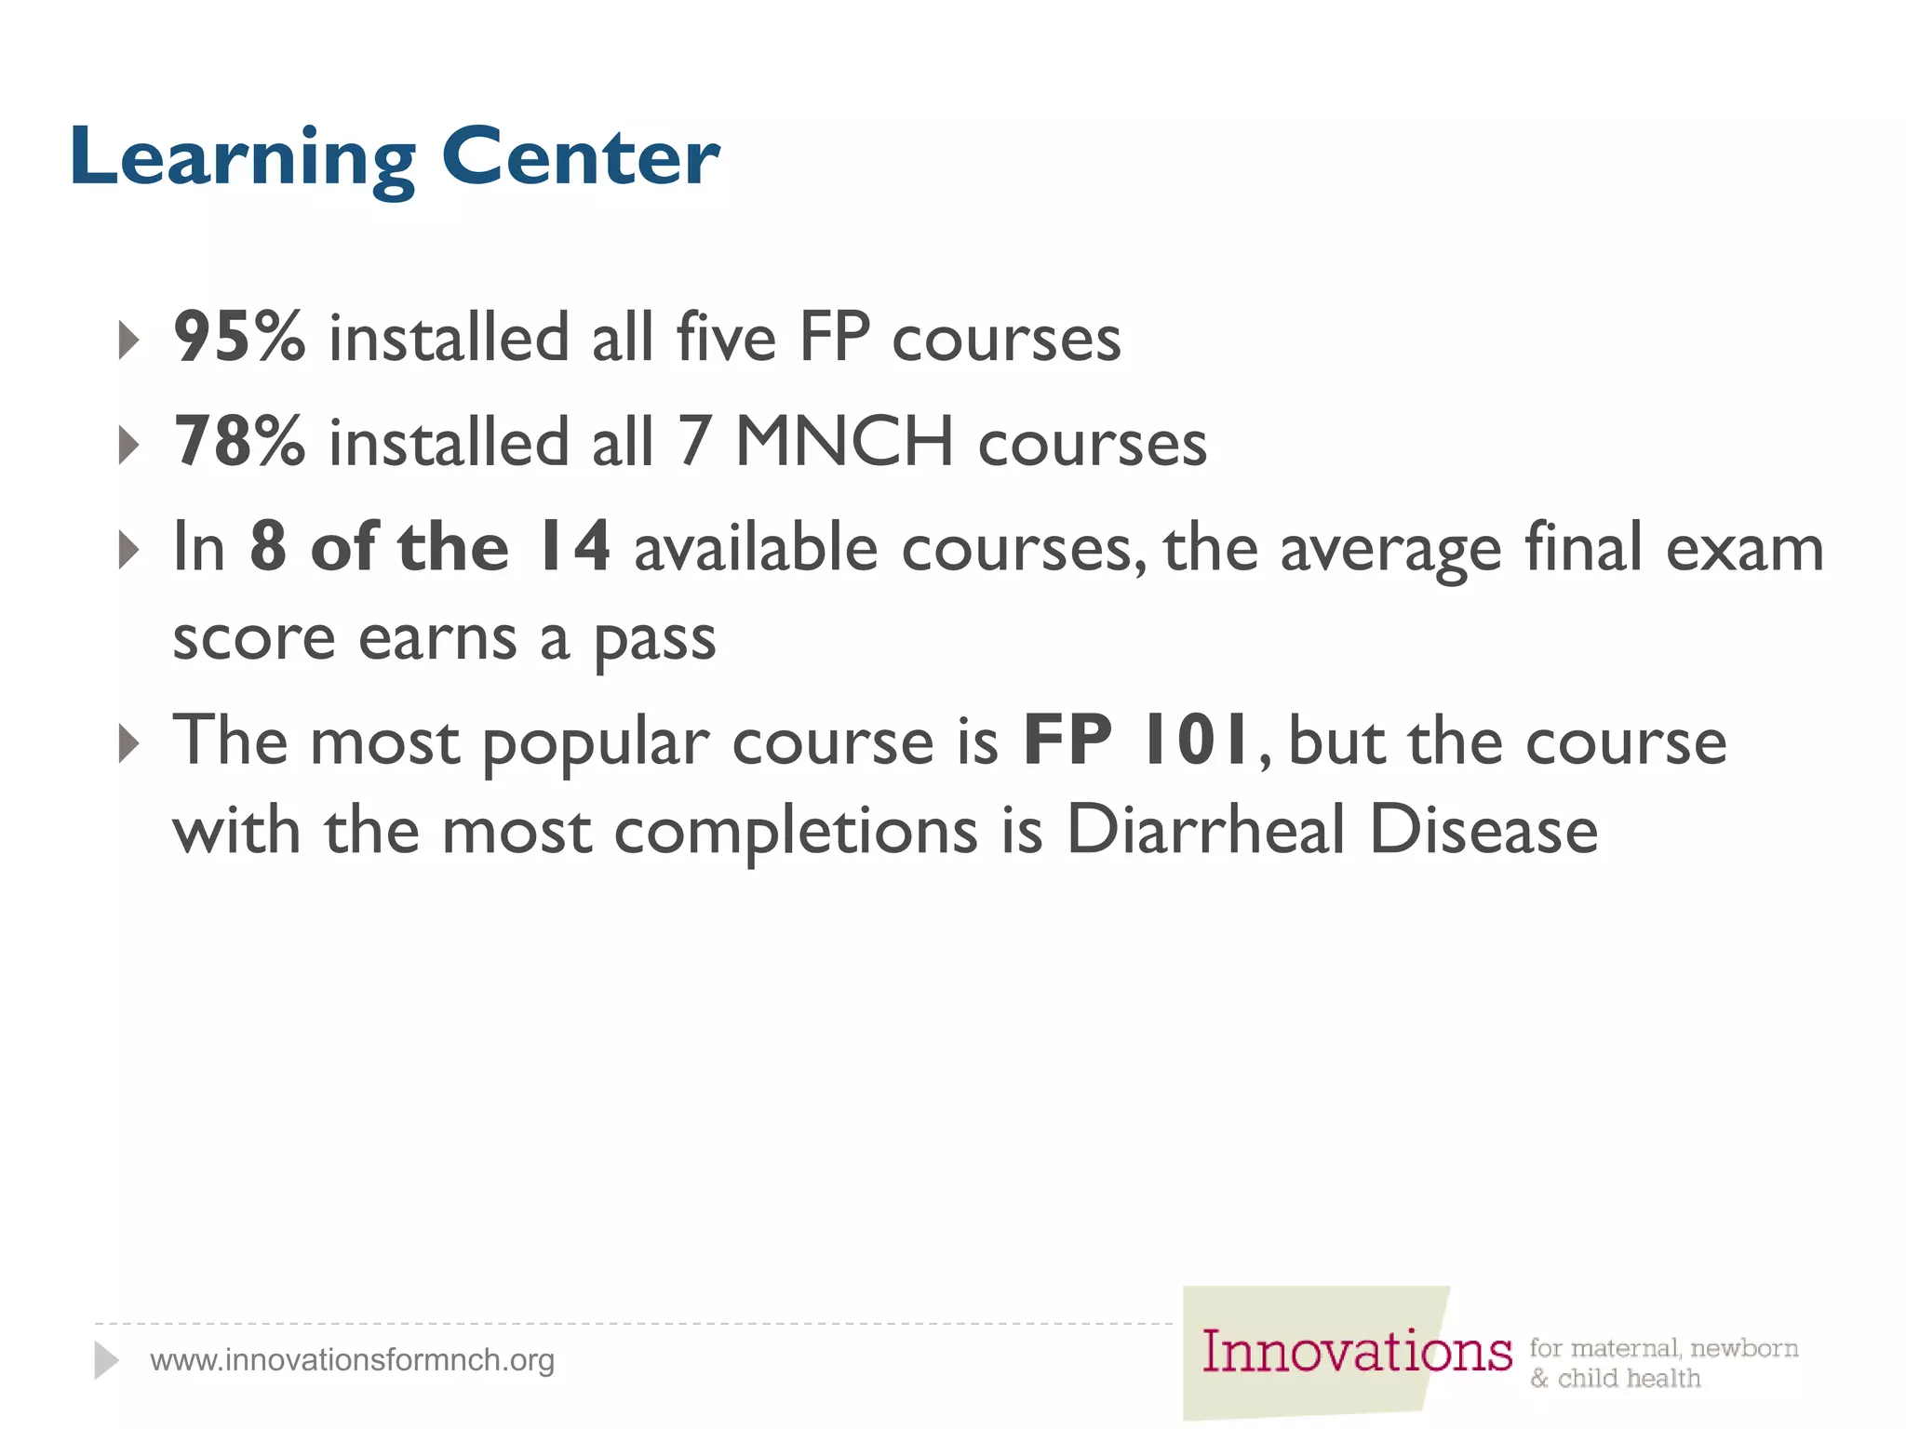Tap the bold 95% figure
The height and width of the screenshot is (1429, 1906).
pos(239,337)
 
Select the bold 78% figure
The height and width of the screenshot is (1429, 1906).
pos(239,441)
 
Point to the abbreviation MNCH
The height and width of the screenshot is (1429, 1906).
pos(844,441)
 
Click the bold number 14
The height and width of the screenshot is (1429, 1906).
pos(574,547)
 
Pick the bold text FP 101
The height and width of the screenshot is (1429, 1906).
pos(1136,741)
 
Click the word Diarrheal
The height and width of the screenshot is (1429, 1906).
pos(1205,830)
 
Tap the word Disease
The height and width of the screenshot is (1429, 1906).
pos(1483,830)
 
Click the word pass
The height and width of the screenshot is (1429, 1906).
pos(655,640)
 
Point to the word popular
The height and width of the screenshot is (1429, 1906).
pos(596,744)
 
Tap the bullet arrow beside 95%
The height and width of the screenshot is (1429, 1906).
pos(129,341)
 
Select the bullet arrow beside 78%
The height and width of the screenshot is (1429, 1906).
pos(129,445)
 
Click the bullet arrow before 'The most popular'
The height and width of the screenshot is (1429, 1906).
pos(129,744)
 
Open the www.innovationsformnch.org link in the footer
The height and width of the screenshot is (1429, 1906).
pos(352,1360)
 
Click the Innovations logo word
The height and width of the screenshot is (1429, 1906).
pos(1356,1352)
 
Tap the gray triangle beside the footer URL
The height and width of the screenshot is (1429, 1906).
pos(106,1360)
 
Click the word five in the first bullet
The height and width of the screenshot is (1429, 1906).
pos(726,337)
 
